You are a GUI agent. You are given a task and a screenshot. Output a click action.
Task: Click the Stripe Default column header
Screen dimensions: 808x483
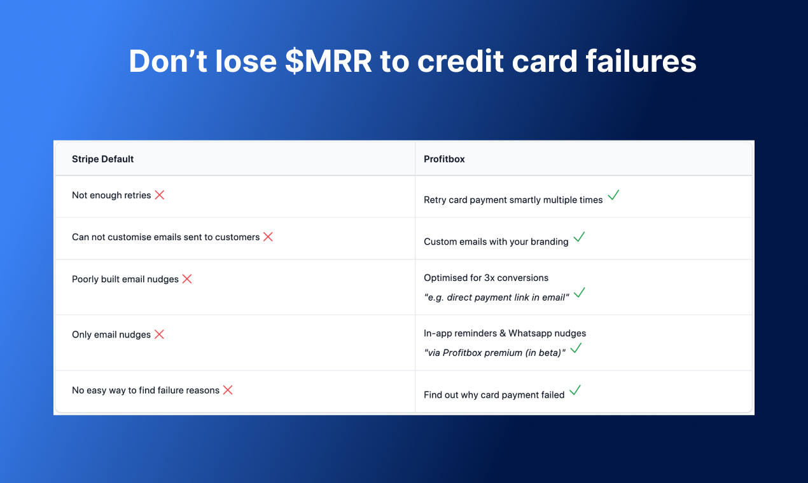103,159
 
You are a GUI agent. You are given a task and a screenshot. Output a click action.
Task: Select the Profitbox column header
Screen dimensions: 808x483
444,159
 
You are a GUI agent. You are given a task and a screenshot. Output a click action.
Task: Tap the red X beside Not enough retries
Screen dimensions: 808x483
160,195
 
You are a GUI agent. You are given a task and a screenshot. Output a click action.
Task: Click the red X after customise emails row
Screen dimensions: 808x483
268,237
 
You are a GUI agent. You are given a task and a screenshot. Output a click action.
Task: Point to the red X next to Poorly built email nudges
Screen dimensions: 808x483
187,279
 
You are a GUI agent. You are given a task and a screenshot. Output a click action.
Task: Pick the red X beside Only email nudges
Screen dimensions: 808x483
159,334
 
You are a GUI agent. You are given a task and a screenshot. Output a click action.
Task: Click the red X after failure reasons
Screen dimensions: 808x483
228,390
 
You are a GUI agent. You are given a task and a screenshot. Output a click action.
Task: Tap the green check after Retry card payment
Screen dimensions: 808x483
613,195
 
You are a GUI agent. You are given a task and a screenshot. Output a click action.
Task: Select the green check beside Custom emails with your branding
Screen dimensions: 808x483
579,237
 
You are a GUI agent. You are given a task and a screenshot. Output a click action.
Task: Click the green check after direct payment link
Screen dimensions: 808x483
580,292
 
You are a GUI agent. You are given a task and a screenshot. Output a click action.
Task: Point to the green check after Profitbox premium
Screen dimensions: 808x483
576,348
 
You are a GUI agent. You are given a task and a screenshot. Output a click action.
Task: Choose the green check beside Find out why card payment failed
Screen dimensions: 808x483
575,390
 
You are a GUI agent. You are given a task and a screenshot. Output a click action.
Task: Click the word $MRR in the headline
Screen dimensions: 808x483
328,61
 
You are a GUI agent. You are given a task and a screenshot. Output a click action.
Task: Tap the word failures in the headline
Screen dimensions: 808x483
641,60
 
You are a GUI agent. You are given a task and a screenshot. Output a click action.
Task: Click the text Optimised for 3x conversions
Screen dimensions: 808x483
486,278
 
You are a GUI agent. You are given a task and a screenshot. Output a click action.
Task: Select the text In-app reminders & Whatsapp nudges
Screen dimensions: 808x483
505,334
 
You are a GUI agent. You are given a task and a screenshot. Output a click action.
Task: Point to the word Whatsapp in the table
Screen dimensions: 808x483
529,334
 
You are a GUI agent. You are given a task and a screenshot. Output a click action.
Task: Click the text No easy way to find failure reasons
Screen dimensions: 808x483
145,390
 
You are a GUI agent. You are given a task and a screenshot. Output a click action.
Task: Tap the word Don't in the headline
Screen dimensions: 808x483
168,60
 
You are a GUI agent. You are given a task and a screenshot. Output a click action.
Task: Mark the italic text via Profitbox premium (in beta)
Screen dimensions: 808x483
494,353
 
